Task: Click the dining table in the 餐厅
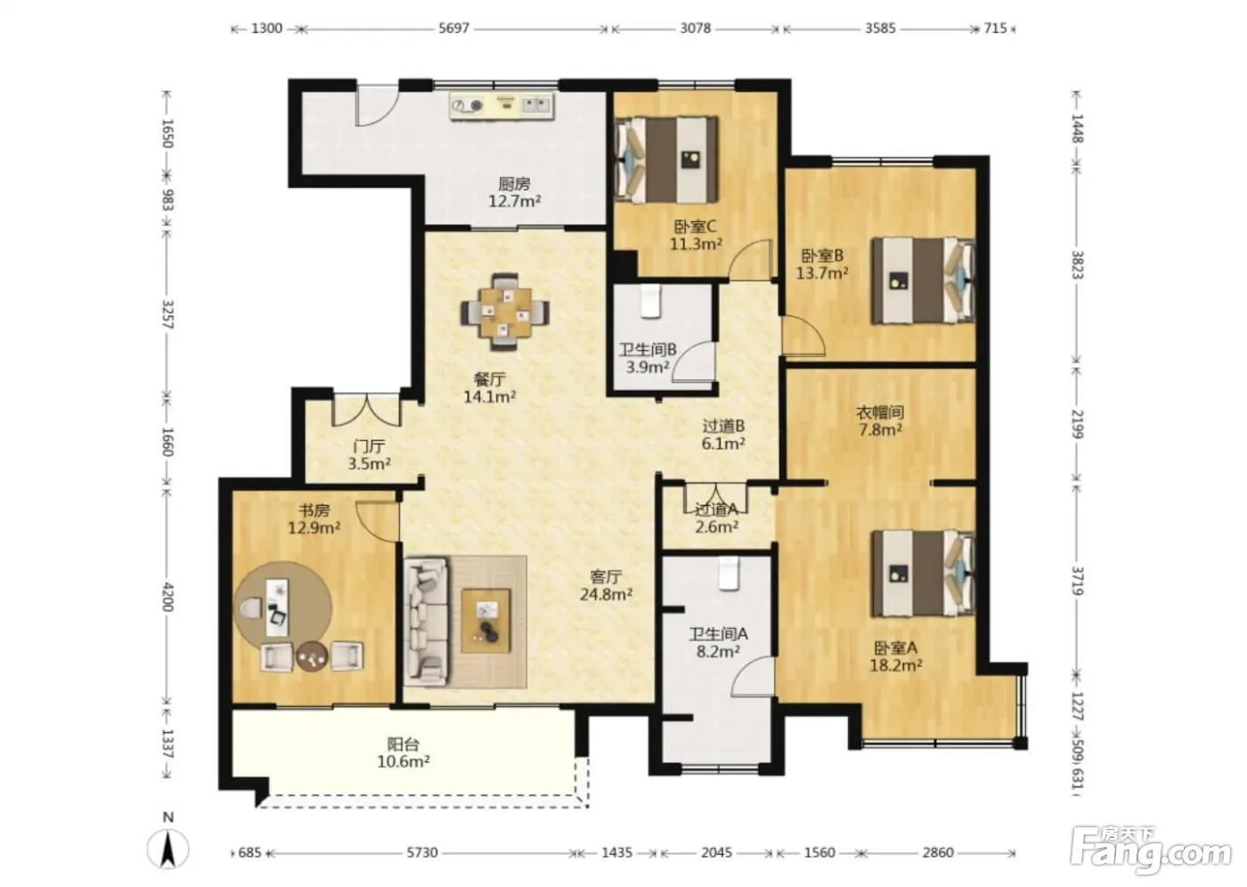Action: [x=505, y=313]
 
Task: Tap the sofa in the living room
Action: [x=426, y=623]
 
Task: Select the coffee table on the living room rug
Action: [x=485, y=621]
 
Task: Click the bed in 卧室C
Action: [x=666, y=159]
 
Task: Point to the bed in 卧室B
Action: [x=923, y=281]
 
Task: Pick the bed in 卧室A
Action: [x=923, y=574]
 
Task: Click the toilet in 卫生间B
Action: [x=649, y=301]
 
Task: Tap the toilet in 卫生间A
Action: [x=729, y=574]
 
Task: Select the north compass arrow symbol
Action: [x=168, y=849]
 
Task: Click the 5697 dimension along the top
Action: [x=453, y=28]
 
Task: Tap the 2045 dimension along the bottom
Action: [x=716, y=852]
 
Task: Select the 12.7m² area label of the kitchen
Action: [x=515, y=201]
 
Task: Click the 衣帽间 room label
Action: [x=880, y=412]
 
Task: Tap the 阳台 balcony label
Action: [x=403, y=744]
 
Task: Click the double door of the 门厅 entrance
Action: [x=367, y=411]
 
